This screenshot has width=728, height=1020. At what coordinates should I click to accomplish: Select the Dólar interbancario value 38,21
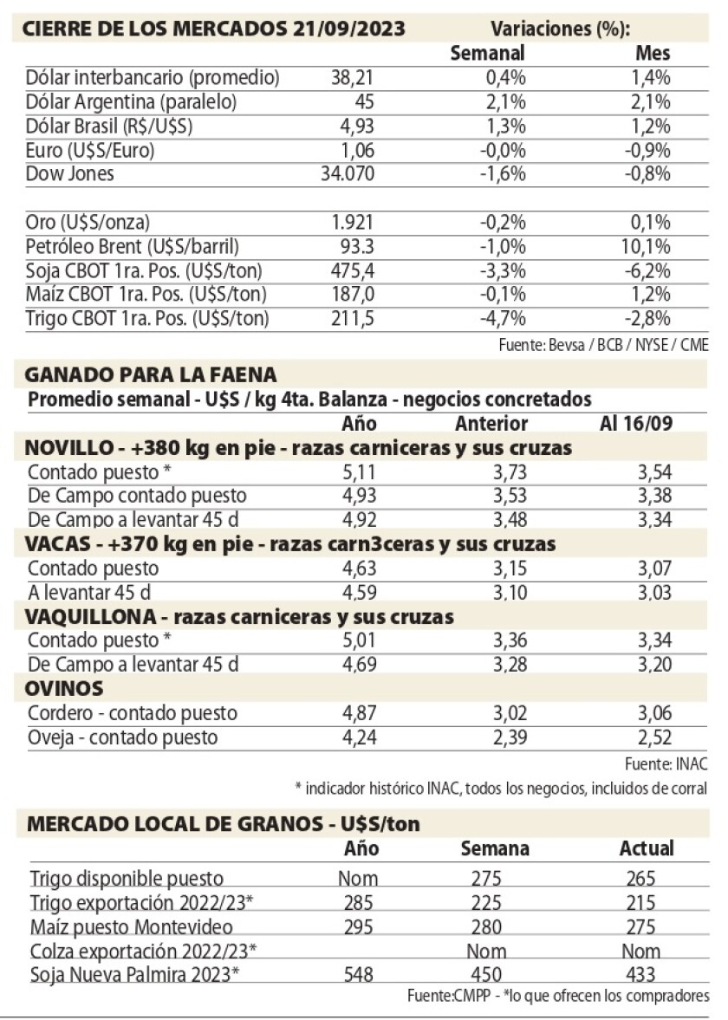tap(352, 78)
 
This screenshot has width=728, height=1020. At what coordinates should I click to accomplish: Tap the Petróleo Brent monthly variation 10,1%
tap(652, 246)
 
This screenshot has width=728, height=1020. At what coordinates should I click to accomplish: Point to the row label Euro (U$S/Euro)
tap(90, 150)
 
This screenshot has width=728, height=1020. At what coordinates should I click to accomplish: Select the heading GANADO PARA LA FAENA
tap(152, 375)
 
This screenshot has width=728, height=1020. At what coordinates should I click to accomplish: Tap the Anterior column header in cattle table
tap(491, 424)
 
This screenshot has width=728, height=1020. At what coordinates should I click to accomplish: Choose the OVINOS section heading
tap(66, 689)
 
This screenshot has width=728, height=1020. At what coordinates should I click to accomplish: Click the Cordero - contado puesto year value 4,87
tap(356, 714)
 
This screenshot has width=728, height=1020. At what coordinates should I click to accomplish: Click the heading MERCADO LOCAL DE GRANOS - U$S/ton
tap(224, 823)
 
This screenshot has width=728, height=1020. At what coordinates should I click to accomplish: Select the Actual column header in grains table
tap(647, 848)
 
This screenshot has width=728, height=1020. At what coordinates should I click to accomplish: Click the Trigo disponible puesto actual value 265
tap(647, 878)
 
